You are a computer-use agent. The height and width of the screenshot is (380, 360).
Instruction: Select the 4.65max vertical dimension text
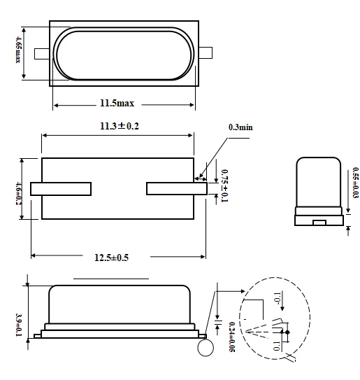(17, 53)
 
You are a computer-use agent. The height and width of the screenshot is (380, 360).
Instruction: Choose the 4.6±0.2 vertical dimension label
(17, 188)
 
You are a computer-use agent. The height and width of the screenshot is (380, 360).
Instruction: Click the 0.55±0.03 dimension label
(355, 184)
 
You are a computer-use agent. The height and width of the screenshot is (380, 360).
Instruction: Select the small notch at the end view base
(319, 223)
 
